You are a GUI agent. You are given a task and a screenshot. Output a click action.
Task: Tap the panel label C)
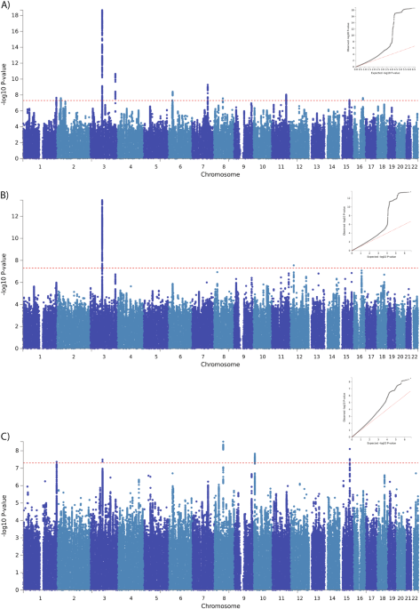point(7,437)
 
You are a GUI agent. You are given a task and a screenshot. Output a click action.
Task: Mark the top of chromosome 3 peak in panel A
point(102,12)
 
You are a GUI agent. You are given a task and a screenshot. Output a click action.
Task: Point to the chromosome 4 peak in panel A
point(115,75)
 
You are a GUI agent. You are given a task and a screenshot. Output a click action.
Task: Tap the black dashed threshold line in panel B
point(222,268)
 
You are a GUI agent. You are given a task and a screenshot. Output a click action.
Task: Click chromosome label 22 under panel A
point(415,165)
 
